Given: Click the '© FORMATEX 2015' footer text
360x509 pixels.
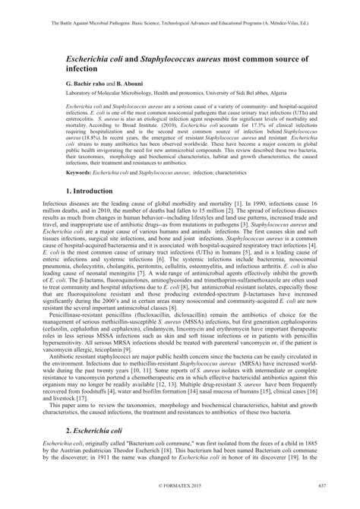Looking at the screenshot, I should pos(179,504).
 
